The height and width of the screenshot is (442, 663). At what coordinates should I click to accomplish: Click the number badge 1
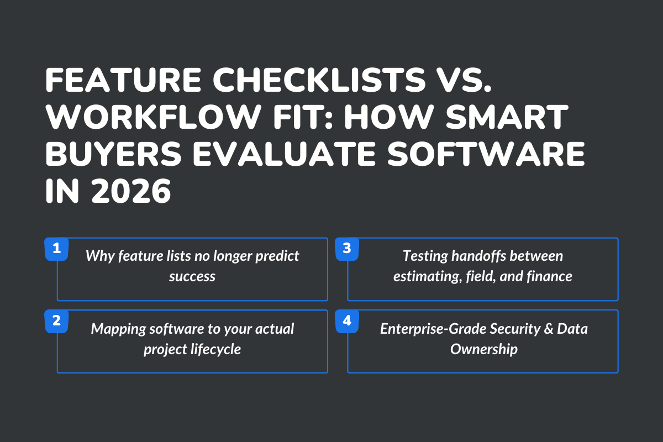[x=56, y=249]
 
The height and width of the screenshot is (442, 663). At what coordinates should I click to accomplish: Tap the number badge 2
[x=56, y=321]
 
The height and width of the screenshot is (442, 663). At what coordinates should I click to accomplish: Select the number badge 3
[x=347, y=249]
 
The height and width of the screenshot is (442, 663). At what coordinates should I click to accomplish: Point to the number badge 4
[x=347, y=321]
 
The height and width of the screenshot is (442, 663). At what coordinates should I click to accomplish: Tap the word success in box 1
[x=192, y=276]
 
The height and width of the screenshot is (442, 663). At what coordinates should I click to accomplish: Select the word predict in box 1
[x=276, y=256]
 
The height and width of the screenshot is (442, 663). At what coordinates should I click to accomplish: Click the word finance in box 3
[x=549, y=276]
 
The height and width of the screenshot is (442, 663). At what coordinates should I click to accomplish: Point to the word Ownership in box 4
[x=483, y=349]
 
